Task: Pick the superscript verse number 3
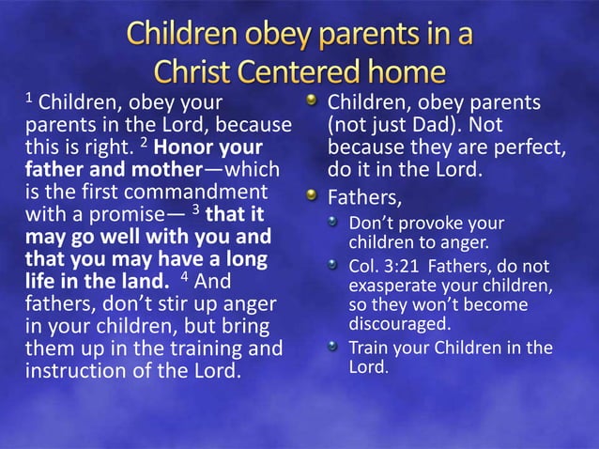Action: coord(194,209)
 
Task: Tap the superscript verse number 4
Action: coord(186,276)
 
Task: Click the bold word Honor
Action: coord(185,148)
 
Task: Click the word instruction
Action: coord(78,369)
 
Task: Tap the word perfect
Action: coord(532,148)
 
